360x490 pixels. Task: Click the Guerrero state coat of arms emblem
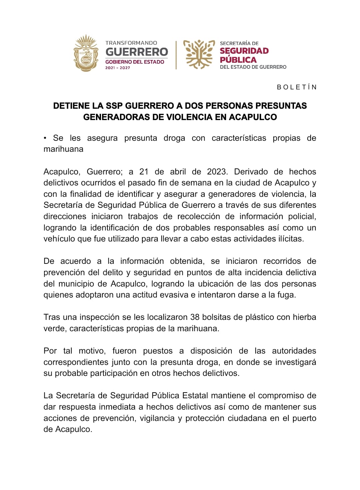pos(86,53)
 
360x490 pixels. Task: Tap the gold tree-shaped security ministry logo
pos(199,54)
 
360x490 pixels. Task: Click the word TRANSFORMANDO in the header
pos(131,43)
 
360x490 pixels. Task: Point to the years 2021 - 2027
pos(118,68)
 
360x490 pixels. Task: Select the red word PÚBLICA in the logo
pos(238,60)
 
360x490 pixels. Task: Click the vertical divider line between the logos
pos(176,55)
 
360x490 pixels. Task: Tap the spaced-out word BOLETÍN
pos(297,87)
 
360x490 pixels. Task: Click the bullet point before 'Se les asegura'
pos(45,138)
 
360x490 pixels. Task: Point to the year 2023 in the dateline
pos(217,172)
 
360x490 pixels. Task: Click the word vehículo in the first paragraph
pos(59,239)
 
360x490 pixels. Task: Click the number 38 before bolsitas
pos(195,317)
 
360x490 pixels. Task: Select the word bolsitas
pos(218,317)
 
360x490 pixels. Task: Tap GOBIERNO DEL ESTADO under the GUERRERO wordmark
pos(135,62)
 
